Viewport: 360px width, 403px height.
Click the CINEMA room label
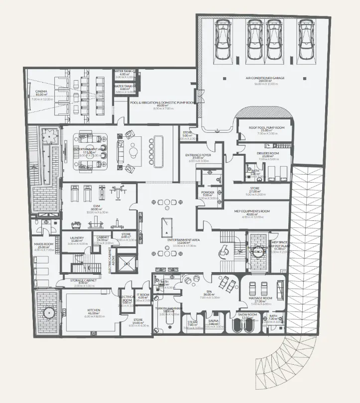click(x=41, y=91)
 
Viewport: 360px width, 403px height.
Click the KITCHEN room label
click(x=94, y=310)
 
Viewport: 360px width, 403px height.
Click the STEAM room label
click(x=192, y=321)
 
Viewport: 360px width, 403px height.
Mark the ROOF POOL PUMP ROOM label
click(x=267, y=127)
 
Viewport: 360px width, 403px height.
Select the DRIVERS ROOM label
click(x=267, y=153)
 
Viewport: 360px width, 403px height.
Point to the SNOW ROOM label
click(x=246, y=314)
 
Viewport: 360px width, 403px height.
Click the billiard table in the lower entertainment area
click(x=165, y=227)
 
